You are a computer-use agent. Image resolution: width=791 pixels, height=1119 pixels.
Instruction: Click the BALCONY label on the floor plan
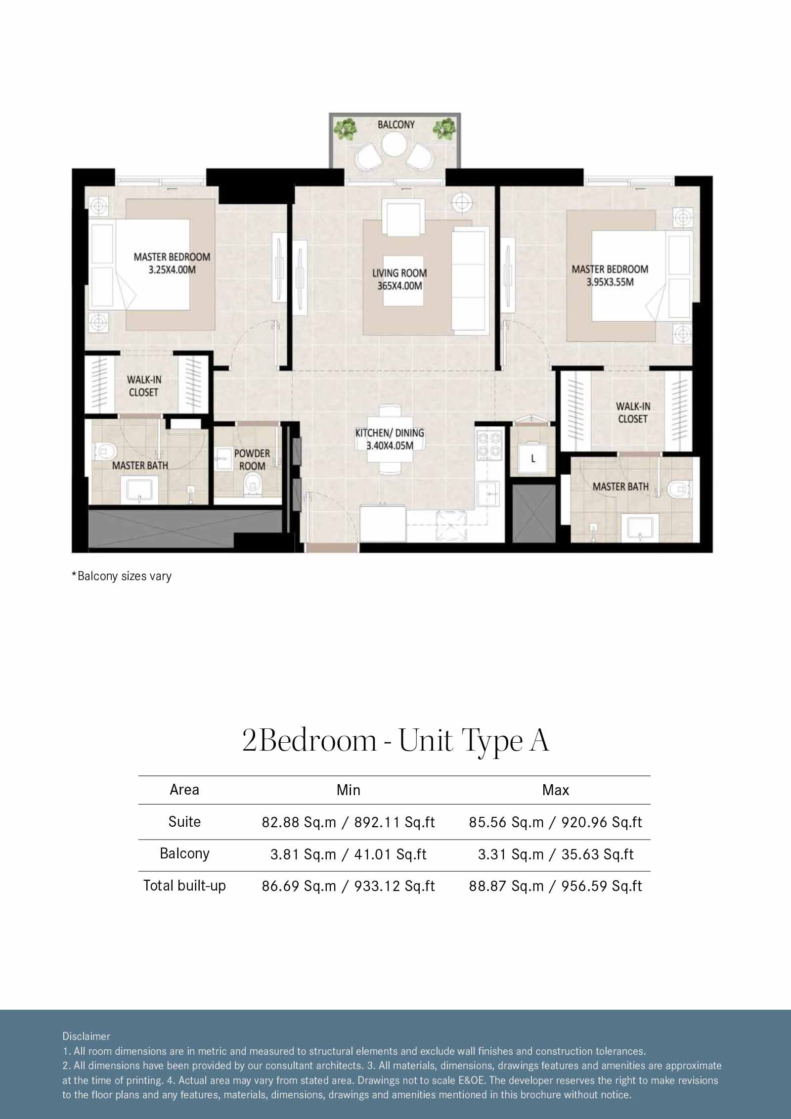point(396,125)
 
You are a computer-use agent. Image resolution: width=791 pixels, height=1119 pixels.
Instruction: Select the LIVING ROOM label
point(399,273)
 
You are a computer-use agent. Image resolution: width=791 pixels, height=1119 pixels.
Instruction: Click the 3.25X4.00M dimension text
point(172,270)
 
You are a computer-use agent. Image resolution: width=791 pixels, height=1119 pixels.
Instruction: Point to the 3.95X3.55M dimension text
point(610,282)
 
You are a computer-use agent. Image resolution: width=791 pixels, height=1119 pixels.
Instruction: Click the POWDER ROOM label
point(252,459)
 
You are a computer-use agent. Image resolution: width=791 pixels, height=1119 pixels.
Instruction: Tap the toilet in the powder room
point(253,483)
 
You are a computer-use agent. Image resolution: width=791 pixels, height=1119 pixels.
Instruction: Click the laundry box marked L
point(532,458)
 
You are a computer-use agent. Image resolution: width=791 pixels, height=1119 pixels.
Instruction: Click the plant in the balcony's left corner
point(346,128)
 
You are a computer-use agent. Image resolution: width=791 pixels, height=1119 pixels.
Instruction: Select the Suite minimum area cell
point(348,822)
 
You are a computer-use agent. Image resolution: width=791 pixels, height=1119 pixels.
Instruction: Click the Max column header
point(555,790)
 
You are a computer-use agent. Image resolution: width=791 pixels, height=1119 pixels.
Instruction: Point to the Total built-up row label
point(184,885)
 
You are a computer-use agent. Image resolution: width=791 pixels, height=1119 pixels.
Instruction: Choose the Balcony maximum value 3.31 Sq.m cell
point(555,854)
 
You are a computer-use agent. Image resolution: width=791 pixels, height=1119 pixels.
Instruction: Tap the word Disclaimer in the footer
point(87,1036)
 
